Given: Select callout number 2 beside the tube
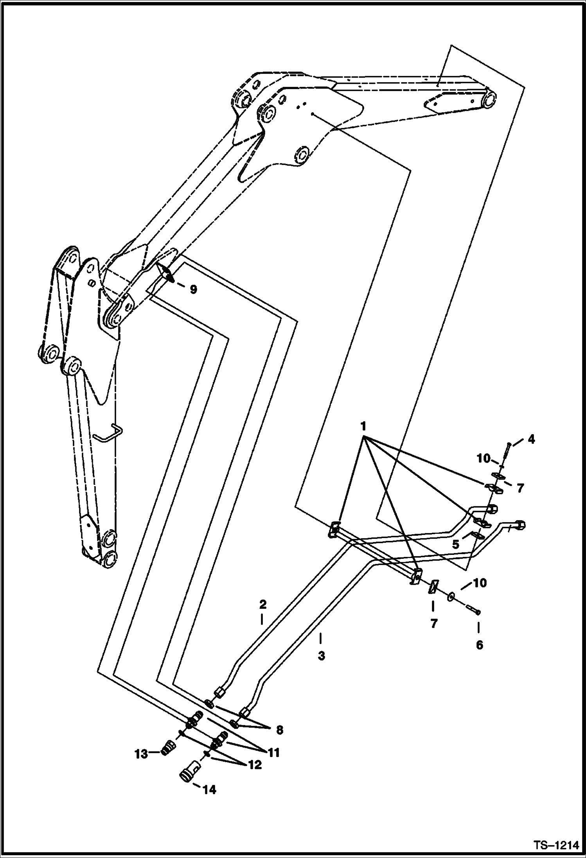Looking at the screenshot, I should (x=262, y=605).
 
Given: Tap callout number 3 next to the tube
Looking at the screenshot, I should (x=321, y=656).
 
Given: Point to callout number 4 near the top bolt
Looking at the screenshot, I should (x=531, y=440).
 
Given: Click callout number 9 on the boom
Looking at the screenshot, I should (x=193, y=289).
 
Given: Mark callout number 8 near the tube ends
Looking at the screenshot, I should (x=279, y=730).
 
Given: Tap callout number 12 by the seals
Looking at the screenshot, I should (x=255, y=765).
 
